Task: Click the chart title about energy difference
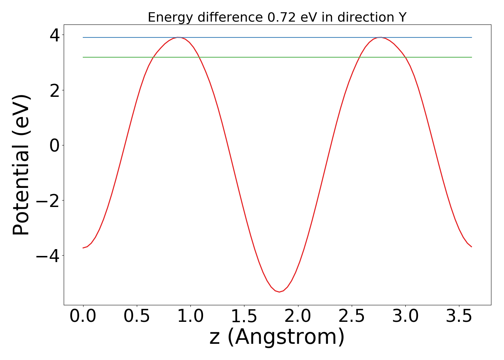[277, 17]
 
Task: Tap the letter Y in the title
[402, 17]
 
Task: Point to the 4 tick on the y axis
[55, 35]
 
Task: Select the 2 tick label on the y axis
[55, 90]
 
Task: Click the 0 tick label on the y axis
[55, 145]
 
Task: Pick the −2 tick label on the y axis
[49, 201]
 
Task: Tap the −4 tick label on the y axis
[49, 256]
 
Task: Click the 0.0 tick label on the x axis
[83, 316]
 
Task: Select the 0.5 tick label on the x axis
[137, 316]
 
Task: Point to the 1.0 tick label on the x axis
[190, 316]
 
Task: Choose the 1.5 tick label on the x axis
[244, 316]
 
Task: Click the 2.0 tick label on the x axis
[298, 316]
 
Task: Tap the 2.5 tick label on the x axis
[351, 316]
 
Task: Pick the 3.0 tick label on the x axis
[405, 316]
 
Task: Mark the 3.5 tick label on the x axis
[459, 316]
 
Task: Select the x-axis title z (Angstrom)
[277, 337]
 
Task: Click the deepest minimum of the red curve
[279, 292]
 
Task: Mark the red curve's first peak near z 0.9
[178, 37]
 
